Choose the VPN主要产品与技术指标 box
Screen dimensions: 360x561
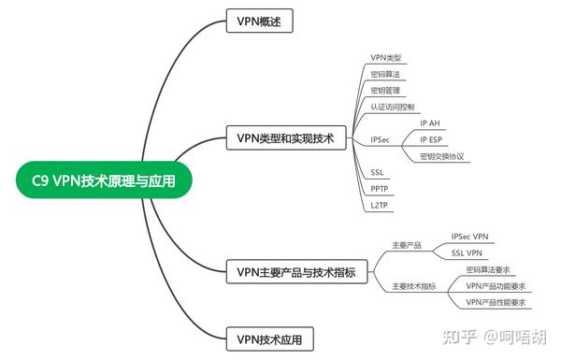[295, 273]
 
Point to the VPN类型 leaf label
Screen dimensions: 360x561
[385, 58]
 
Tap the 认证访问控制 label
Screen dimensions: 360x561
[392, 107]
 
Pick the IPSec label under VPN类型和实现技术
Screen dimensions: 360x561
[380, 139]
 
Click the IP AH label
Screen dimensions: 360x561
[431, 122]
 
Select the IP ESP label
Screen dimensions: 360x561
[433, 139]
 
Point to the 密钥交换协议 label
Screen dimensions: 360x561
[441, 156]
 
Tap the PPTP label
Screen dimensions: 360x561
[379, 188]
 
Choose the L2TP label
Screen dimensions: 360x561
[379, 205]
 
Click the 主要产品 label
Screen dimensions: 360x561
[406, 245]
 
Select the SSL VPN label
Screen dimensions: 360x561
[467, 253]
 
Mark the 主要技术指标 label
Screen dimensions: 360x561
[412, 286]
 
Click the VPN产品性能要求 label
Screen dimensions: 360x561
[496, 302]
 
